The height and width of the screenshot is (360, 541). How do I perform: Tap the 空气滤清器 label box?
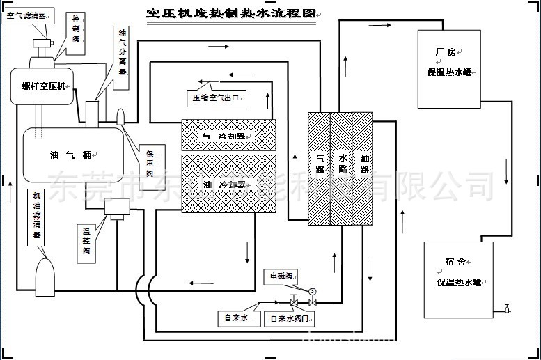[x=24, y=14]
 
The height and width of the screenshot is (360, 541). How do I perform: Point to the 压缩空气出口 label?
[x=217, y=97]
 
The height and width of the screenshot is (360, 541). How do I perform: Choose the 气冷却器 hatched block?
[x=228, y=135]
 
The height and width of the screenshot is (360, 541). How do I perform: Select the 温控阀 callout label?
[x=87, y=240]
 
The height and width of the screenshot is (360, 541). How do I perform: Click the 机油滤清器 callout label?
[x=37, y=217]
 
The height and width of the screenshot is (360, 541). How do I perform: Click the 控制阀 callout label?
[x=77, y=30]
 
